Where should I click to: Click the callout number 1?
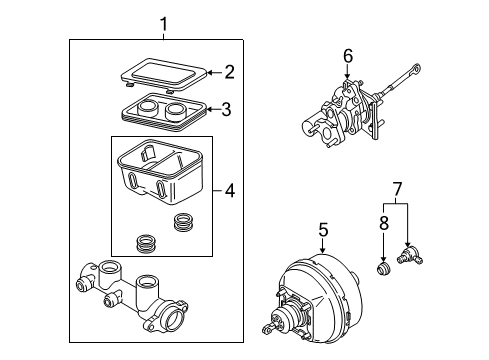pos(165,23)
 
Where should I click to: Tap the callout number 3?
pos(226,110)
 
